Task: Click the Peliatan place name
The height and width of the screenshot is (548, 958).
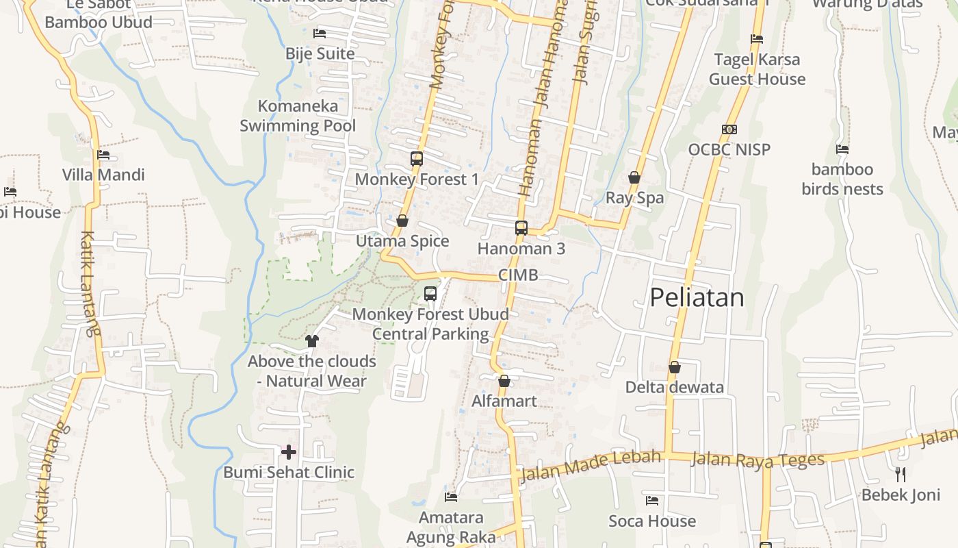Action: [697, 297]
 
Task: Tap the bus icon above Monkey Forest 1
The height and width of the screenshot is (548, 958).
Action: [416, 159]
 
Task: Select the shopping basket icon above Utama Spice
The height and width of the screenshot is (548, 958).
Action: [402, 221]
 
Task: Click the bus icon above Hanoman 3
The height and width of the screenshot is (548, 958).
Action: [521, 227]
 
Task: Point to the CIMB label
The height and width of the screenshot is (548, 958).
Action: [518, 275]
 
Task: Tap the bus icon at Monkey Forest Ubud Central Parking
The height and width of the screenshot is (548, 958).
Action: [430, 294]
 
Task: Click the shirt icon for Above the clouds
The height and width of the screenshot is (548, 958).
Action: [312, 340]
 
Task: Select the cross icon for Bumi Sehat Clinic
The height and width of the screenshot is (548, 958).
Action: [289, 452]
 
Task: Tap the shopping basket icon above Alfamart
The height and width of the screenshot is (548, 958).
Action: [504, 381]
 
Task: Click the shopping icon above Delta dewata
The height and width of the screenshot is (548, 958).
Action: [675, 367]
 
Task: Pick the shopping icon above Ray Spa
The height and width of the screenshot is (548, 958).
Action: [634, 177]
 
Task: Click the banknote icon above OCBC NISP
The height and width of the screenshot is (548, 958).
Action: [729, 129]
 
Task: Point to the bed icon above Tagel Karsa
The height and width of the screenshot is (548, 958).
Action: [757, 39]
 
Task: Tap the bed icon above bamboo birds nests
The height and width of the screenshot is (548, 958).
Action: [842, 149]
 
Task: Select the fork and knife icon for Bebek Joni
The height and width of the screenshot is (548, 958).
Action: [901, 474]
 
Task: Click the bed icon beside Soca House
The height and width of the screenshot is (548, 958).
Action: [652, 501]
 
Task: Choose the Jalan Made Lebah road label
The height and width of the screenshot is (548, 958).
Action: [591, 465]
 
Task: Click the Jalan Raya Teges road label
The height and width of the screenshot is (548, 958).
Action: [758, 460]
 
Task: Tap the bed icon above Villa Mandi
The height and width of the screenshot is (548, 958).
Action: [103, 155]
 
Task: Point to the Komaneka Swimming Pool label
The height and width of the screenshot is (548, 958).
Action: [298, 116]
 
